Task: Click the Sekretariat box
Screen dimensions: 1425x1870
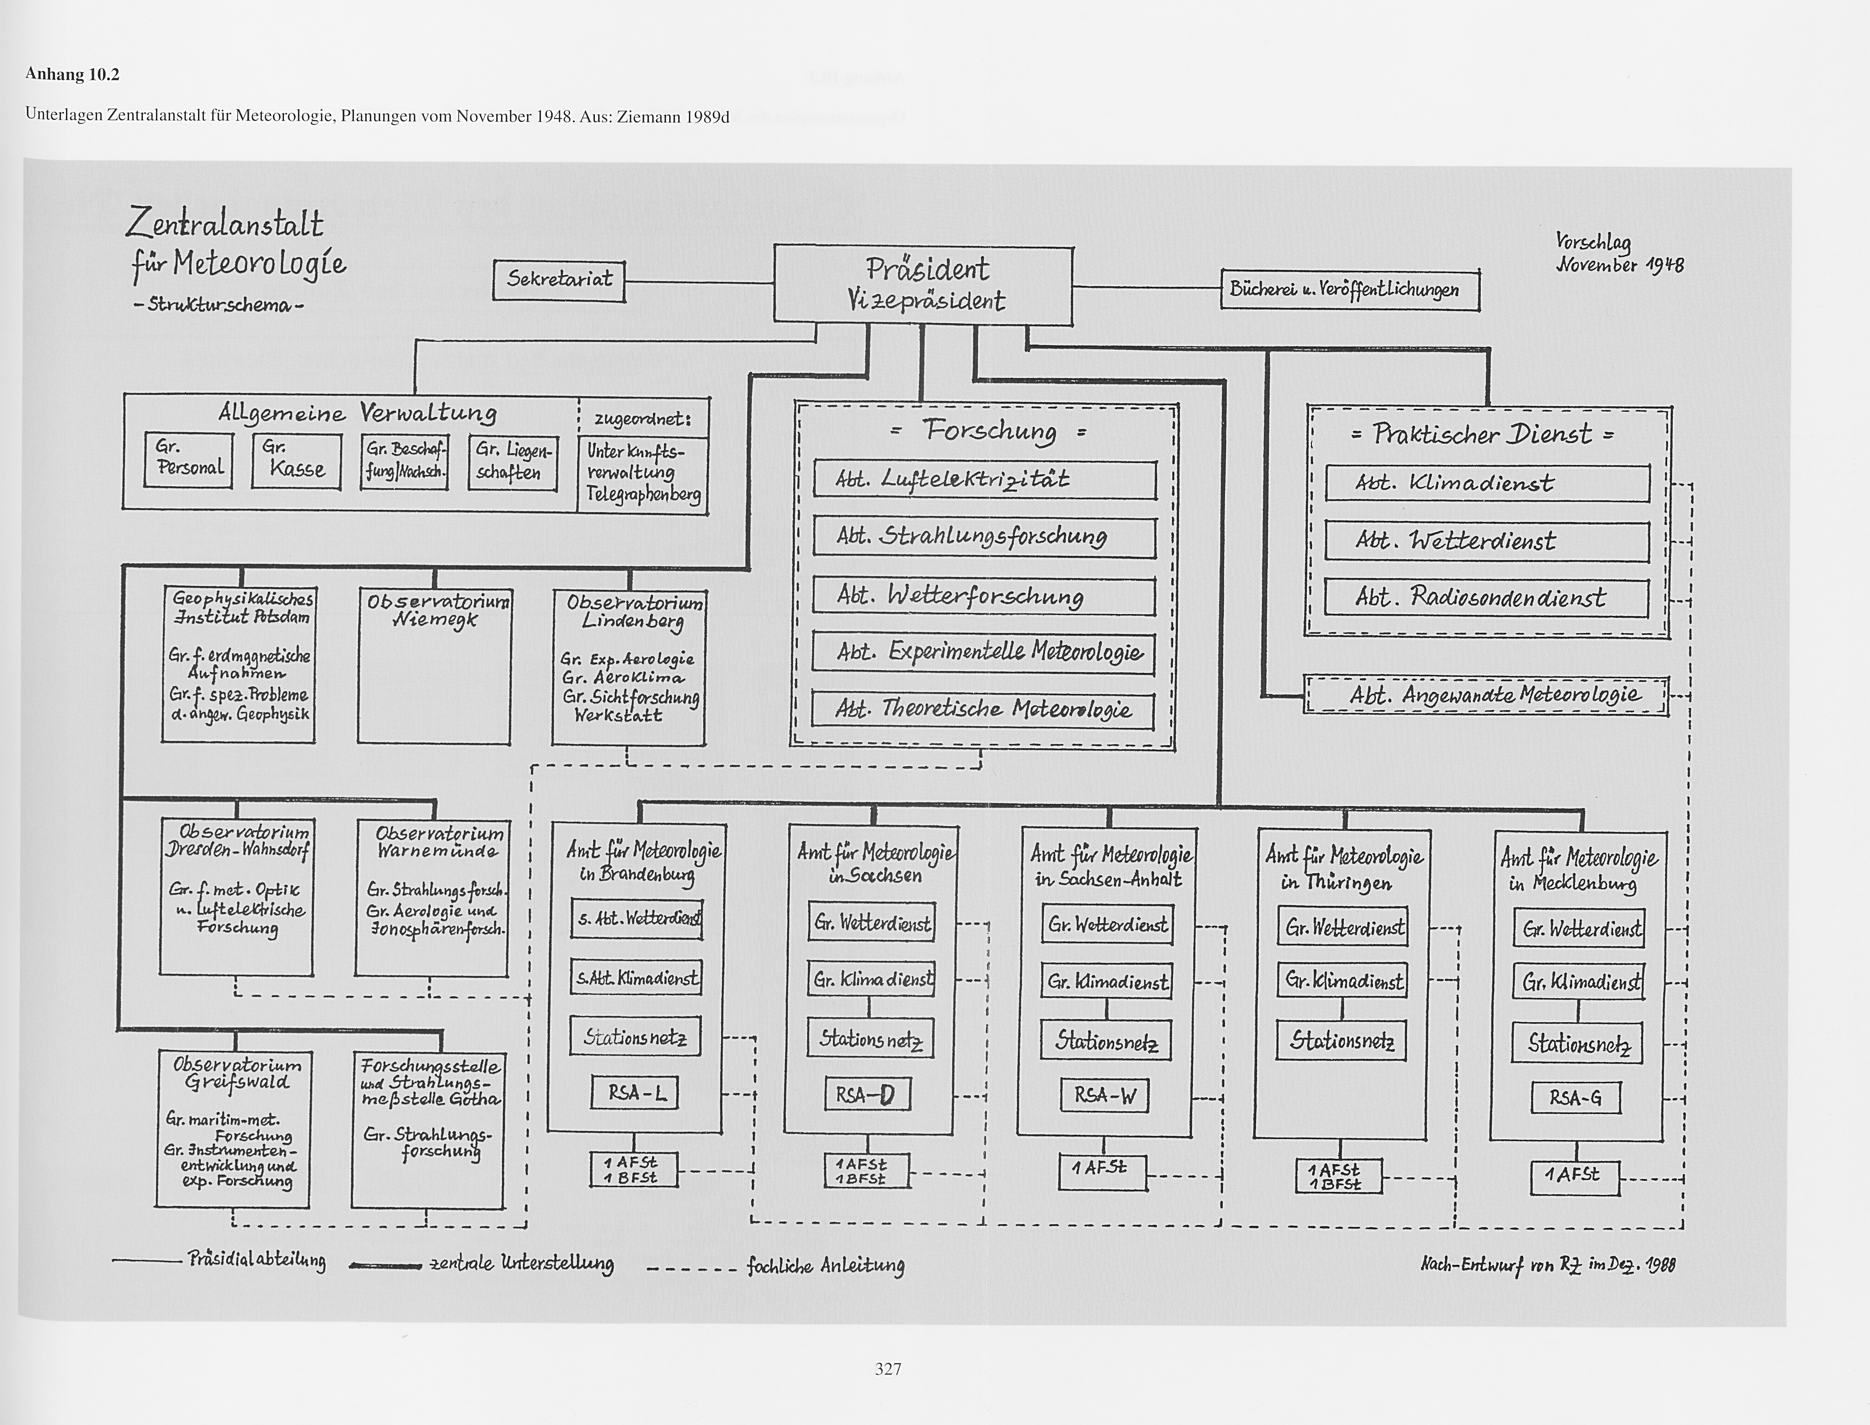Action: (559, 280)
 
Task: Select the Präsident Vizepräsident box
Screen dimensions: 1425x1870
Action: (923, 284)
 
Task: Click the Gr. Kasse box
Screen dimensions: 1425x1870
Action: (296, 461)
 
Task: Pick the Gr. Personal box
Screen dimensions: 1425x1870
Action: (188, 461)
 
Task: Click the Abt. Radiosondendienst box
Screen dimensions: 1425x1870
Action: (1486, 598)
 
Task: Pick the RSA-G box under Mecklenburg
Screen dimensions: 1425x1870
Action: (1575, 1098)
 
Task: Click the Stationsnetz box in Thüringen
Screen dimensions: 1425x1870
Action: (1341, 1041)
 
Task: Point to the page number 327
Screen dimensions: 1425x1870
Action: (888, 1368)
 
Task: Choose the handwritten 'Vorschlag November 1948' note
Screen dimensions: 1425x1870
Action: (1618, 253)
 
